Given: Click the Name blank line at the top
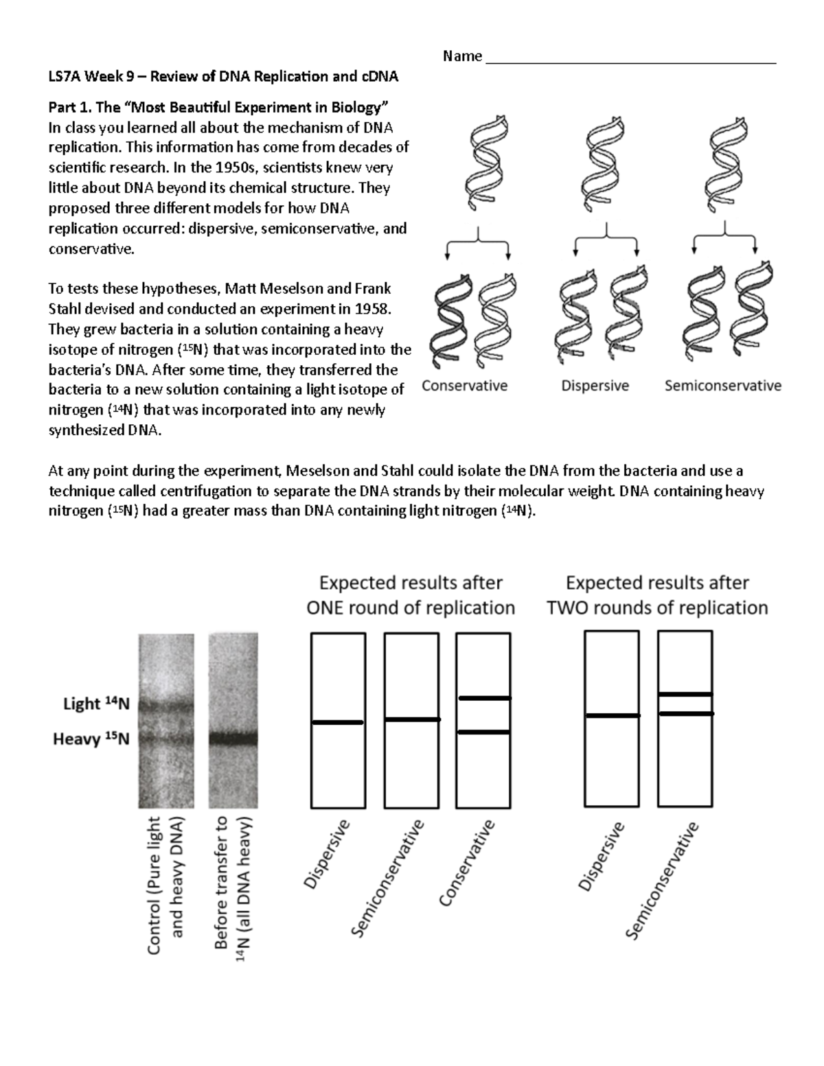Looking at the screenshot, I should pos(630,62).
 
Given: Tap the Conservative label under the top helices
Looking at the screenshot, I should pos(464,386).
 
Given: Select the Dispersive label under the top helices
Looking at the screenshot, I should pos(595,386).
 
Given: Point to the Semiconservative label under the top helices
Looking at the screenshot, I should pos(722,386).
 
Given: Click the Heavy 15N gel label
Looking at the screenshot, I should pos(91,739).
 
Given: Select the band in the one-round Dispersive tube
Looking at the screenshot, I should pos(338,722).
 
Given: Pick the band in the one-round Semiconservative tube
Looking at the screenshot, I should pos(411,719).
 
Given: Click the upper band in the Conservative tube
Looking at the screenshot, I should pos(484,698).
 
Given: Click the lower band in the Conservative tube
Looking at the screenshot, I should pos(484,732).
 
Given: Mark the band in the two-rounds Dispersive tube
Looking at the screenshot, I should pos(612,716).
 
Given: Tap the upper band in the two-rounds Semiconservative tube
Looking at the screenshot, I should pos(685,695).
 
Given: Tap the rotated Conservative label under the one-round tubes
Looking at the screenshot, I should pos(467,862).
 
